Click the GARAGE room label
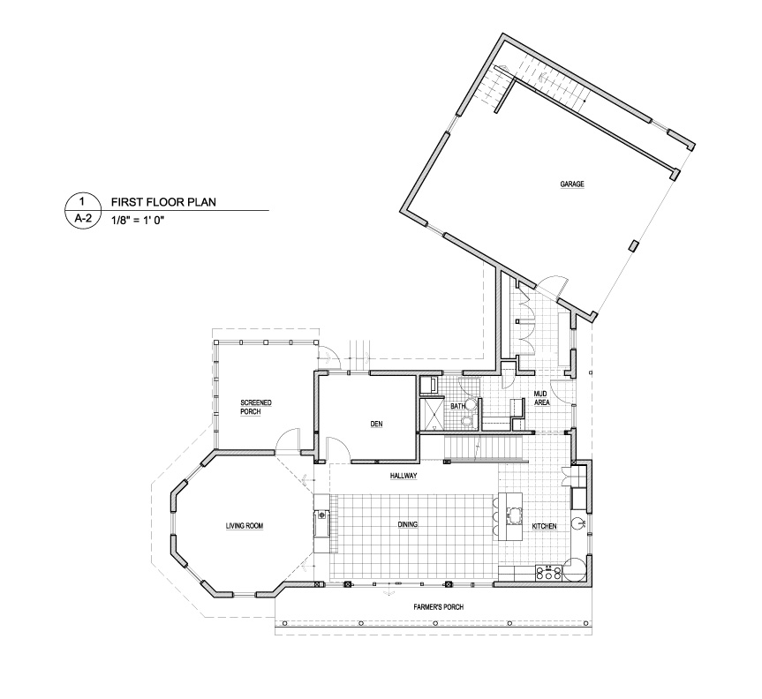[x=571, y=184]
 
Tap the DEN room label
[x=376, y=424]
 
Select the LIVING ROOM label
[x=244, y=526]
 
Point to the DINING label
[x=407, y=524]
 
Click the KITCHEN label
[x=544, y=526]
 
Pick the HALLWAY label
[x=404, y=477]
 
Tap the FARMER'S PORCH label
[x=438, y=606]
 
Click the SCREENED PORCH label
[x=256, y=407]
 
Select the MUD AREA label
[x=541, y=398]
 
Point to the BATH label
[x=457, y=406]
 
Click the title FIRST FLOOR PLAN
[x=163, y=202]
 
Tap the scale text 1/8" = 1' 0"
[x=138, y=220]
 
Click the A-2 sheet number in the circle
[x=83, y=219]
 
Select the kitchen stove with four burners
[x=548, y=573]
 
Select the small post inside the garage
[x=633, y=245]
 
